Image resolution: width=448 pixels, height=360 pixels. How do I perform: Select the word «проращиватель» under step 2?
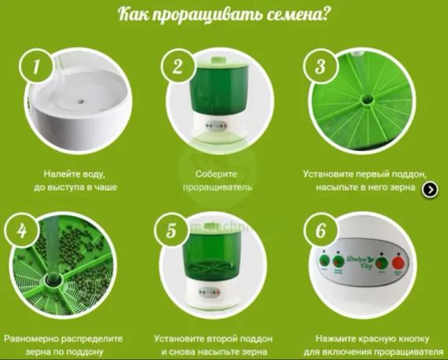[x=217, y=189]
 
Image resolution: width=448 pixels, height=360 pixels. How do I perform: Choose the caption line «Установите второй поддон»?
[x=217, y=338]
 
